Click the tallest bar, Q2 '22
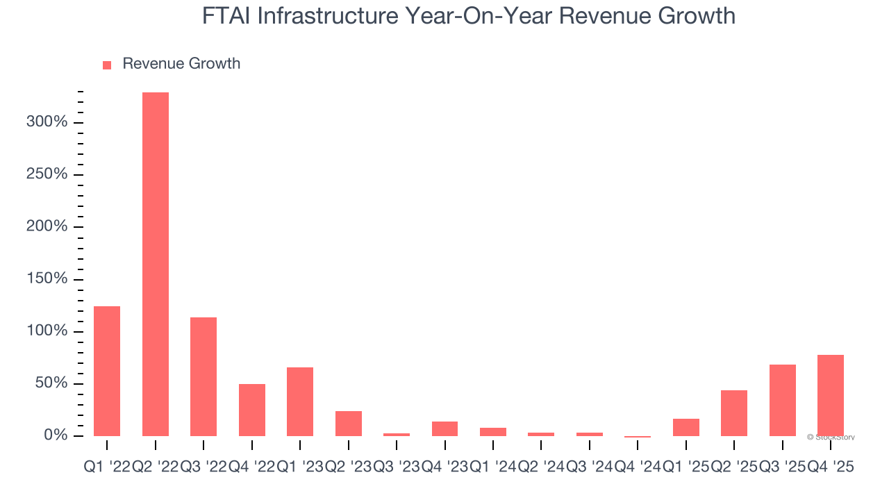156,264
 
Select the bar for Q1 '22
107,371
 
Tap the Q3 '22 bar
203,376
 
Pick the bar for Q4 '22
252,410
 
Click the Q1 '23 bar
300,401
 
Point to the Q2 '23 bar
349,423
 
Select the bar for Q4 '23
444,428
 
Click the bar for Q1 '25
686,427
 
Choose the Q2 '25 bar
734,413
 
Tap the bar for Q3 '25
783,400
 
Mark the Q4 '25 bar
831,395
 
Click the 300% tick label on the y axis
47,122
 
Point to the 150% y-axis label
47,279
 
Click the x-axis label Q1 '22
106,468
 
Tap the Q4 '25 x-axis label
830,468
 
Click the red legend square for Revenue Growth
107,65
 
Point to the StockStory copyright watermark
831,437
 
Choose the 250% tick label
47,174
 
